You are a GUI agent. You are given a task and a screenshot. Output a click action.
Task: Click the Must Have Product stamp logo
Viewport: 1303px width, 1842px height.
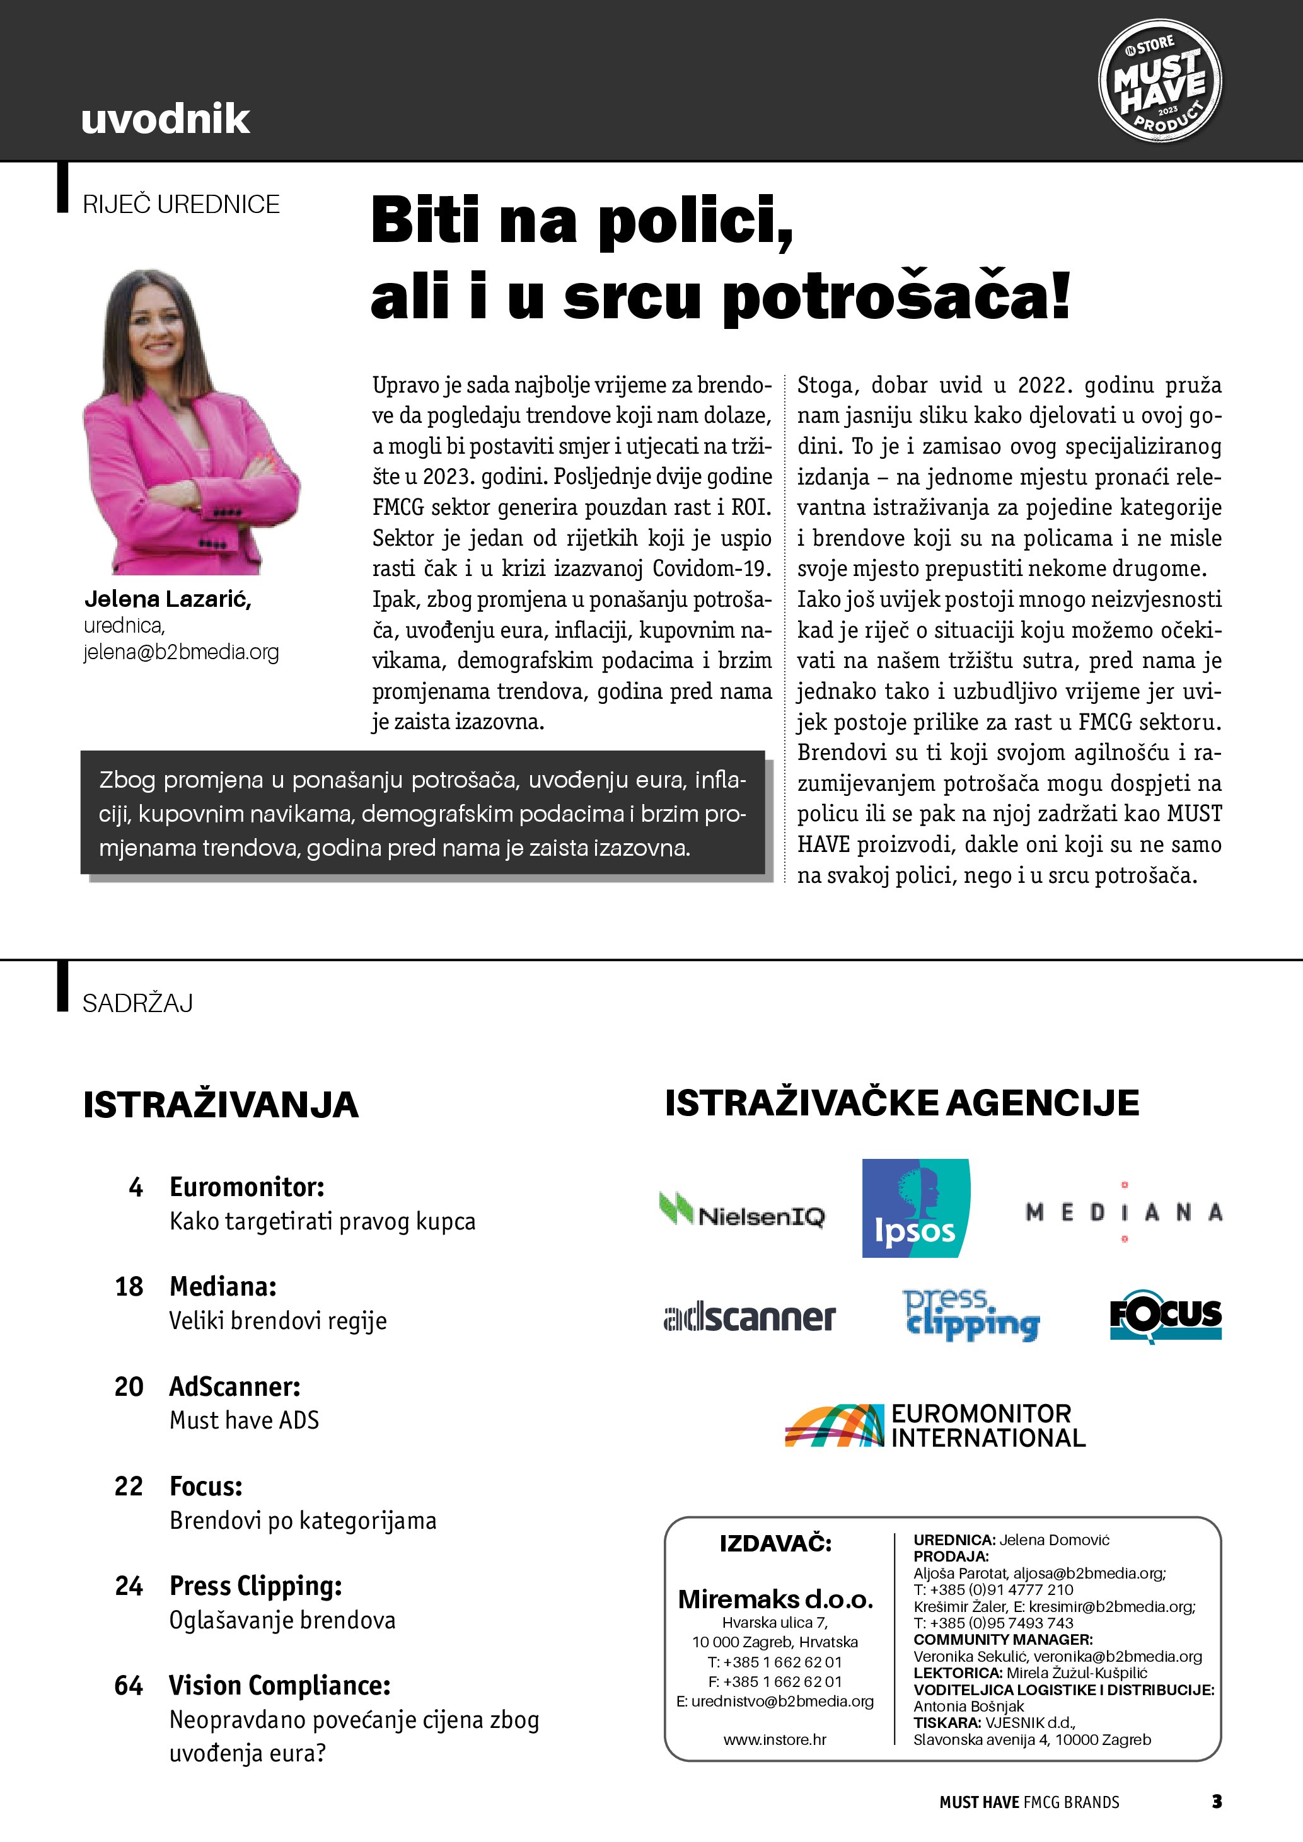coord(1159,81)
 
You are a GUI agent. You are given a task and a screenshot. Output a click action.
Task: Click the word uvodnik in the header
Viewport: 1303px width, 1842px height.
coord(165,118)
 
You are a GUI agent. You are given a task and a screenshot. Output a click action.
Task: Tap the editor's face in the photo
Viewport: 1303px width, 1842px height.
coord(156,325)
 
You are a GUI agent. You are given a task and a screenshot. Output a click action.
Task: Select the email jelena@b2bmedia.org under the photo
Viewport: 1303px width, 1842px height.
coord(182,652)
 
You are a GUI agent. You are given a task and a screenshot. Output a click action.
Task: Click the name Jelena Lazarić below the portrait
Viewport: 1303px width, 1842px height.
coord(168,599)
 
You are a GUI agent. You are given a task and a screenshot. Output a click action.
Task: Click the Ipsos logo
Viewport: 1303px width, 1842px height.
coord(915,1207)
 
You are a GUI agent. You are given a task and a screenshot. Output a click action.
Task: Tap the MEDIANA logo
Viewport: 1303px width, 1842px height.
coord(1123,1211)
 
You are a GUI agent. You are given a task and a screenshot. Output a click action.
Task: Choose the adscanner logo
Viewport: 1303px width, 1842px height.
coord(750,1316)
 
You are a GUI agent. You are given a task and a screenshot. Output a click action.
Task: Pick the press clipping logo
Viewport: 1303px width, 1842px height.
coord(971,1316)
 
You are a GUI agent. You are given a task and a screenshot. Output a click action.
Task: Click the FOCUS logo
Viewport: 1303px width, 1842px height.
coord(1165,1316)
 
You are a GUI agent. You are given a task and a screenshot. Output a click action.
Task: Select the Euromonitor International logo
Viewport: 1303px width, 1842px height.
coord(935,1425)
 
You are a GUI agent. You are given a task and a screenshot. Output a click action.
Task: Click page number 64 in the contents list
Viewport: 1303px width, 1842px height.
coord(129,1686)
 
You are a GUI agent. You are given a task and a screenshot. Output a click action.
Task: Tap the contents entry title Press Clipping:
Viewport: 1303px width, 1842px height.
coord(255,1586)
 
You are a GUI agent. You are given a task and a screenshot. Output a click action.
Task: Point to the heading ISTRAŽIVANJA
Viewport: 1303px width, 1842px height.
coord(221,1105)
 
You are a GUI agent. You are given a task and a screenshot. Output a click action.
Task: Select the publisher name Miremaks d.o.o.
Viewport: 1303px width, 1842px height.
coord(775,1599)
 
